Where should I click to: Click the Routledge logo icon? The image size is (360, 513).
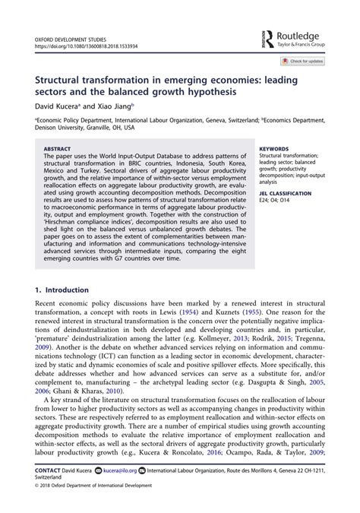point(268,38)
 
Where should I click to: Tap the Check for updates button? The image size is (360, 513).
point(304,61)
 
